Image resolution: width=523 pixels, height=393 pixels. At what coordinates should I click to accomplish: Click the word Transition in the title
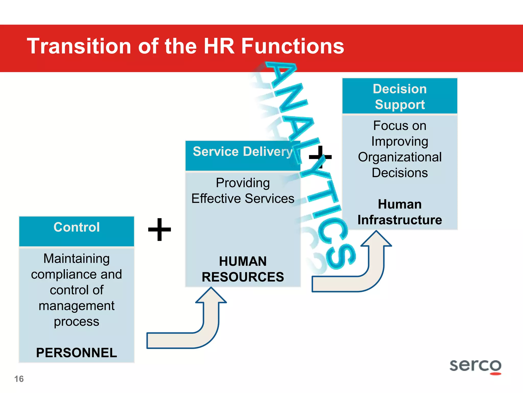click(79, 46)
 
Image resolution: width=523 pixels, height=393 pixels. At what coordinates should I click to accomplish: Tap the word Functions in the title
click(293, 46)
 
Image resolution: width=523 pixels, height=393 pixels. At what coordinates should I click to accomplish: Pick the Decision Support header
click(400, 96)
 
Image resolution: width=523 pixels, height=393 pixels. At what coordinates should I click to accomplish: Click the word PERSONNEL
click(77, 353)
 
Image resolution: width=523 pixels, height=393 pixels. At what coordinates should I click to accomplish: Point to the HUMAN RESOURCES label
click(243, 269)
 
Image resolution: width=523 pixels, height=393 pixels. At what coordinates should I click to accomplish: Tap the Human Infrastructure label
click(400, 212)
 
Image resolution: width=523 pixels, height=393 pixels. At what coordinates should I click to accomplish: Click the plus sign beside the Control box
click(160, 230)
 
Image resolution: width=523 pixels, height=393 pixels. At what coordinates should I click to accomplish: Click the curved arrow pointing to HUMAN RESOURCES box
click(194, 330)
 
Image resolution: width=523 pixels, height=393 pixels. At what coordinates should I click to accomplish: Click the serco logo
click(475, 365)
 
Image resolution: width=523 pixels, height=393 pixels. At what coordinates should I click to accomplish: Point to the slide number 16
click(19, 379)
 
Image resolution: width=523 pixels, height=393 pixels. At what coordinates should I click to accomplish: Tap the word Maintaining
click(77, 258)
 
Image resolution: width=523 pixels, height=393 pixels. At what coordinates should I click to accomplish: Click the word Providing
click(243, 183)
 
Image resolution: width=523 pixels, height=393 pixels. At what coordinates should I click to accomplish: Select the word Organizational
click(400, 157)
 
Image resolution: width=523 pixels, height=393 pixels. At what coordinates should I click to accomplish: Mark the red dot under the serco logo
click(496, 374)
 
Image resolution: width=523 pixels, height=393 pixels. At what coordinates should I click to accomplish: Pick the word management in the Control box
click(77, 306)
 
